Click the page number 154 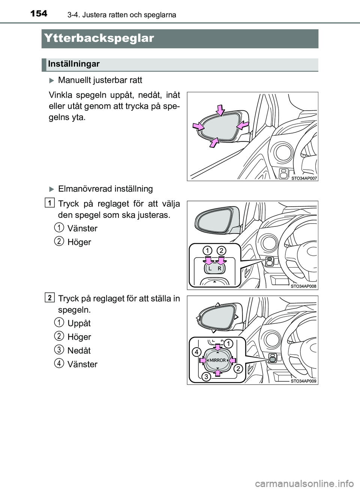[39, 13]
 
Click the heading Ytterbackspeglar [98, 38]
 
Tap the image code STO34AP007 [304, 178]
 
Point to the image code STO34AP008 [304, 286]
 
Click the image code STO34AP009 [304, 381]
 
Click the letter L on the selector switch [210, 269]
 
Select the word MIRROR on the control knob [217, 360]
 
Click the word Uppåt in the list [79, 323]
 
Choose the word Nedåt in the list [79, 351]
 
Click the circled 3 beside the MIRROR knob [205, 377]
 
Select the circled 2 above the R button [221, 250]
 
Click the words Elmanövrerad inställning [105, 189]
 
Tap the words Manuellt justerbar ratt [100, 80]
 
